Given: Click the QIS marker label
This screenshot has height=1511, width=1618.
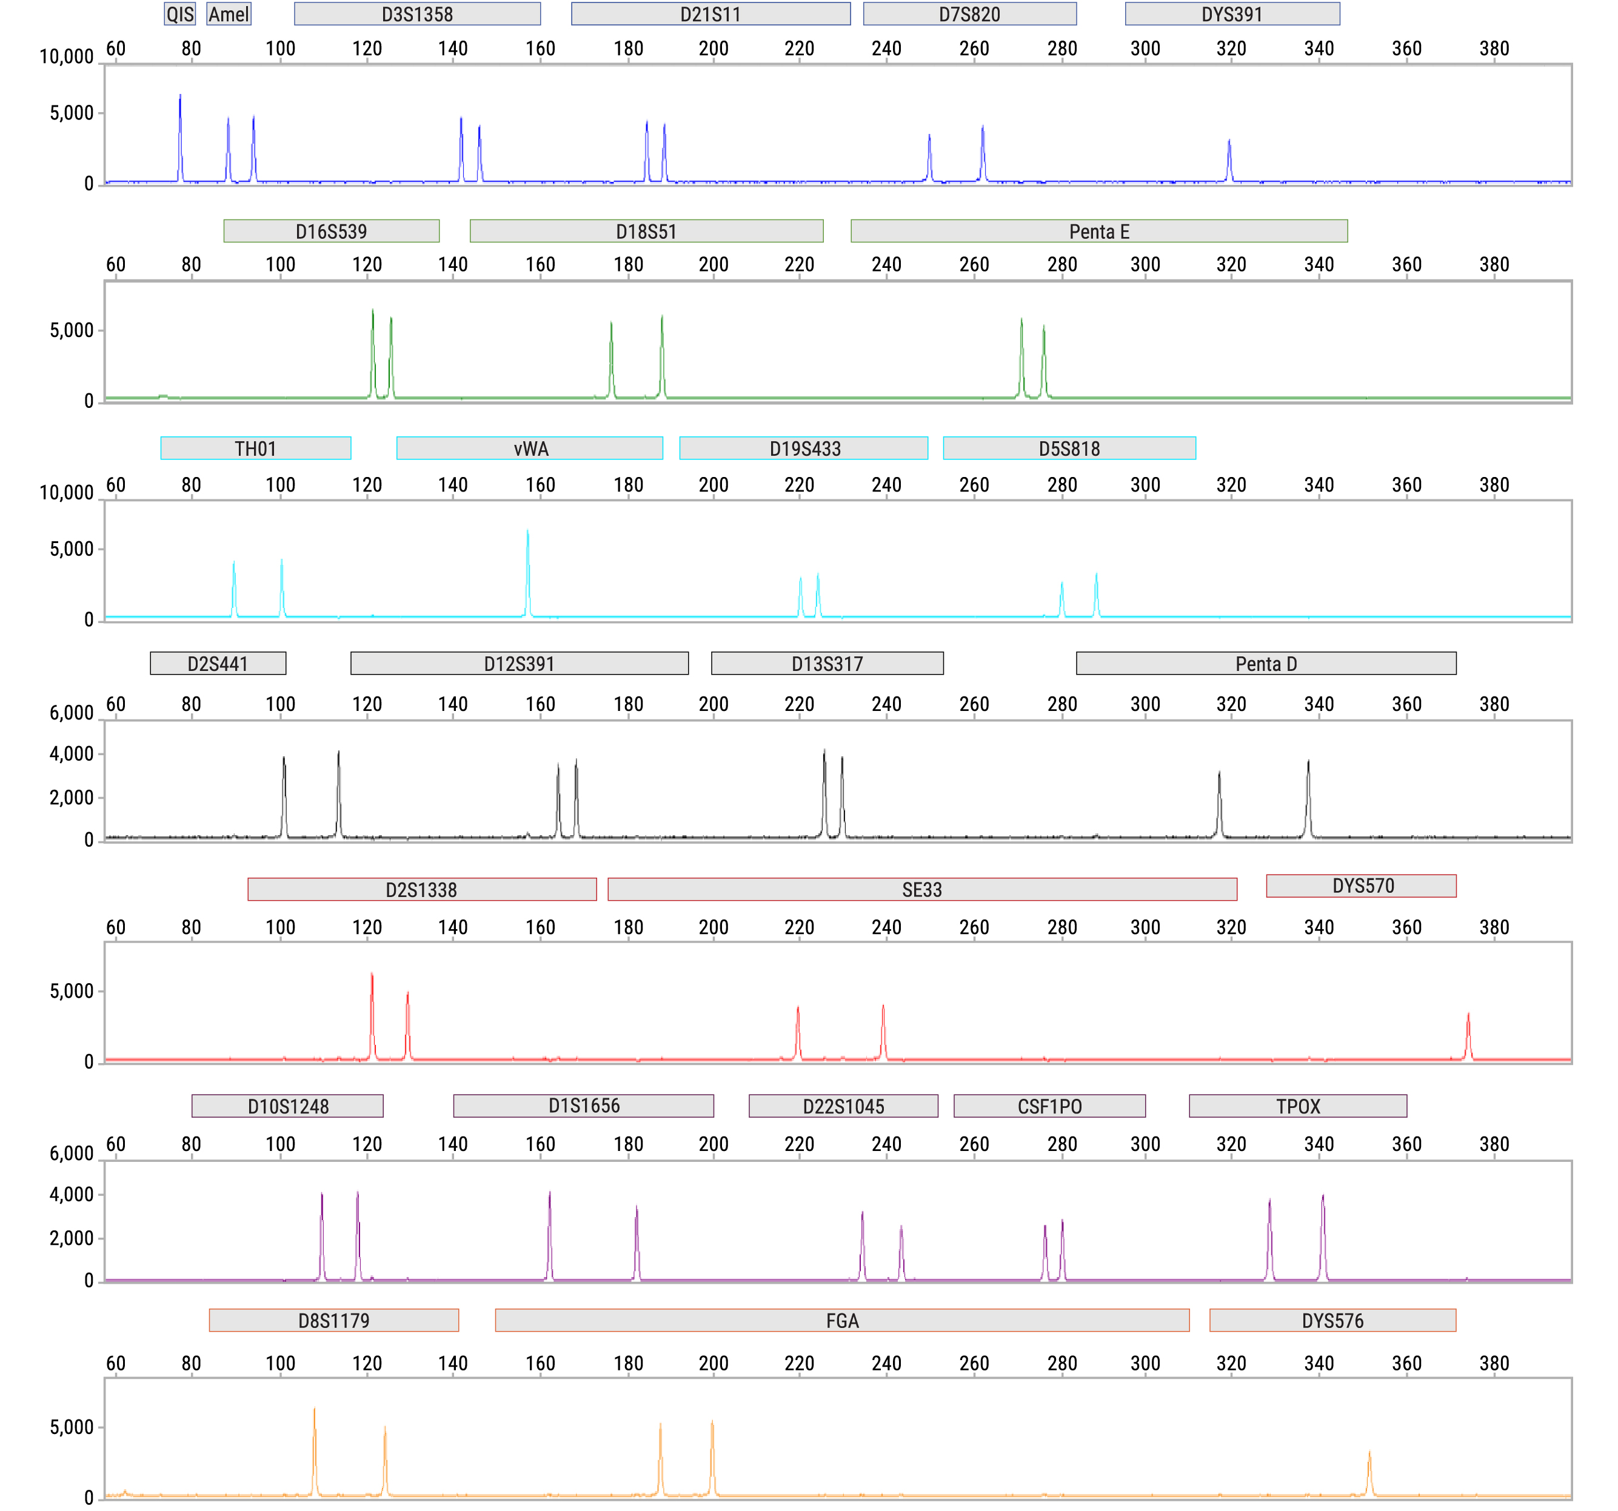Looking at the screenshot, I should click(x=180, y=14).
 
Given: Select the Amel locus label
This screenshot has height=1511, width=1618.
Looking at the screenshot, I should click(x=229, y=14).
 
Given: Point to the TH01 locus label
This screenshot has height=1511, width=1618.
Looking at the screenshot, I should click(x=256, y=449).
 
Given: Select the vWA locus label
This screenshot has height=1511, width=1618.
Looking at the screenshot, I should click(x=530, y=449).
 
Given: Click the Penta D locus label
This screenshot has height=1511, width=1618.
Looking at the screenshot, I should click(x=1266, y=664).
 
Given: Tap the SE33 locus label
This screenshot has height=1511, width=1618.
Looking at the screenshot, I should click(x=921, y=889).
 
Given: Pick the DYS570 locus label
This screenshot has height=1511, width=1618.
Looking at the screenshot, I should click(x=1362, y=886).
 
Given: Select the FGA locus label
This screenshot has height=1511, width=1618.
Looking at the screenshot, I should click(x=841, y=1321).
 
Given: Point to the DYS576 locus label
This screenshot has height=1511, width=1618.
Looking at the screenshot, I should click(x=1332, y=1321).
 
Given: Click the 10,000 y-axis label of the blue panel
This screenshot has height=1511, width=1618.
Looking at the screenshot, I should click(x=67, y=57).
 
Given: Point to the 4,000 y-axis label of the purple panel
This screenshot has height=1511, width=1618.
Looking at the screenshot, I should click(x=72, y=1195).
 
